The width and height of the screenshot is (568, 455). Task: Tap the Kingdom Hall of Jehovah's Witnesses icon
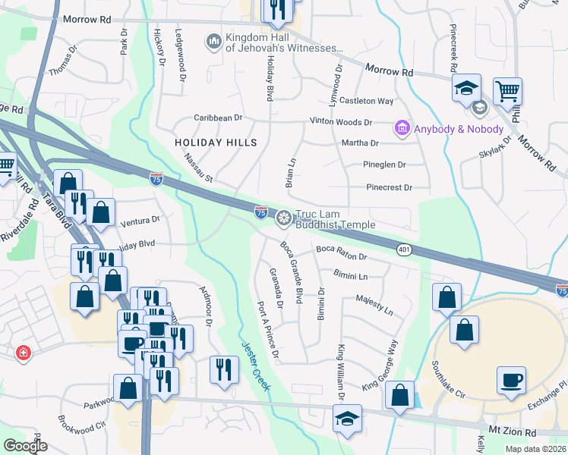(213, 39)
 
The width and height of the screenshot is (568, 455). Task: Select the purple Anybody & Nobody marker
(402, 129)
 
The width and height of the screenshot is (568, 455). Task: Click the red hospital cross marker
(24, 353)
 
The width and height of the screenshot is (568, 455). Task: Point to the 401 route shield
(405, 249)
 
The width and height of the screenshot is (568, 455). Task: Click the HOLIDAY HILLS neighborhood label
(216, 143)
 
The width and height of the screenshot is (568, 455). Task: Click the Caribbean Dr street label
(217, 118)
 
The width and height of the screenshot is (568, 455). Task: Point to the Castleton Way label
(366, 101)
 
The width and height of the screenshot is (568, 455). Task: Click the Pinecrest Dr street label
(388, 187)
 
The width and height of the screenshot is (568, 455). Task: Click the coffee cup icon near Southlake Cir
(512, 381)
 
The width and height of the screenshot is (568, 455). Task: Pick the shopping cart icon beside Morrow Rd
(507, 91)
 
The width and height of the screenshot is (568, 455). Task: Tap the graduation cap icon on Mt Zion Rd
(347, 418)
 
